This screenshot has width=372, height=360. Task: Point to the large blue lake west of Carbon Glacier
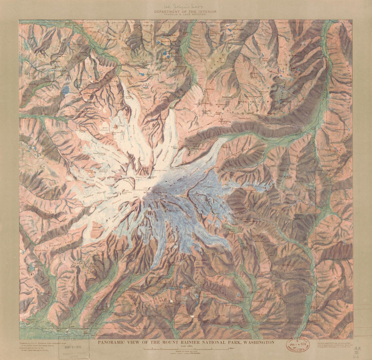[x=65, y=90]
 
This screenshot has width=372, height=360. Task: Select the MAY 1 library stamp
[x=73, y=347]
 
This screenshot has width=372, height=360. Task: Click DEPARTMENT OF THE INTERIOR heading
[x=185, y=12]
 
